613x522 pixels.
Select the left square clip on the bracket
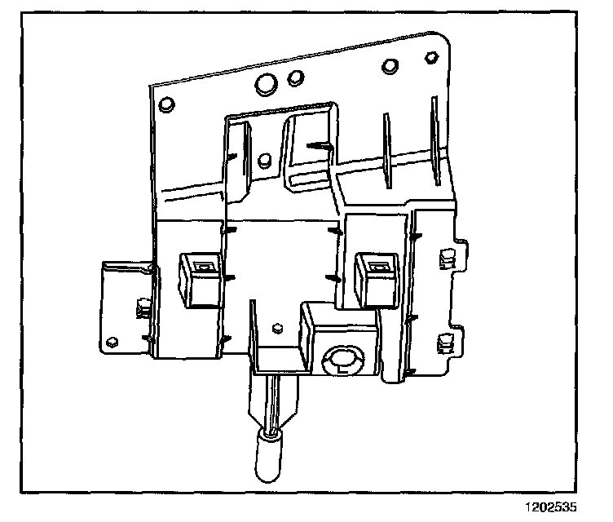[200, 278]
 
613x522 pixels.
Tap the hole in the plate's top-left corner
[166, 104]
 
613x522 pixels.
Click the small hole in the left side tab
[112, 341]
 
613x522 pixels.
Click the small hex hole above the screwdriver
[278, 330]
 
